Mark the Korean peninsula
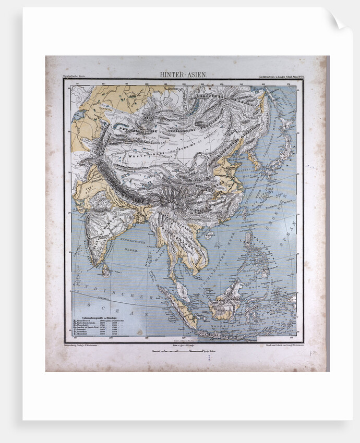pyautogui.click(x=255, y=159)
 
